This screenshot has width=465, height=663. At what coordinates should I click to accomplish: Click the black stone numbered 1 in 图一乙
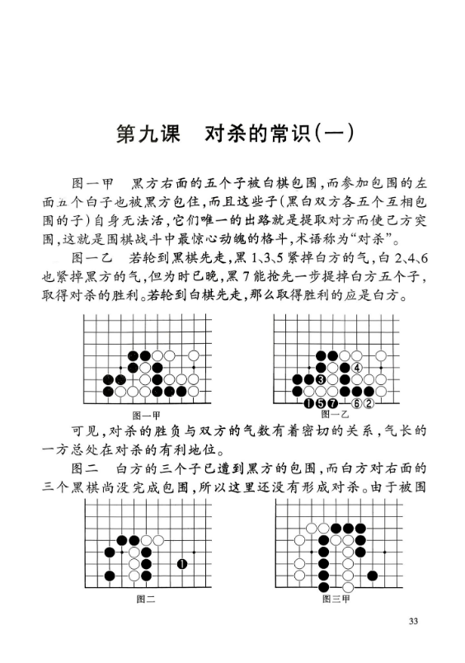tap(308, 403)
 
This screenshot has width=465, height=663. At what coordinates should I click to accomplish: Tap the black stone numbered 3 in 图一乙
tap(321, 379)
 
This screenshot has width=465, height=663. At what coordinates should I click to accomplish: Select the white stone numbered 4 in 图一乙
tap(356, 367)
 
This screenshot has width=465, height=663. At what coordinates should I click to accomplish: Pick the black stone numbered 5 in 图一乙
tap(321, 403)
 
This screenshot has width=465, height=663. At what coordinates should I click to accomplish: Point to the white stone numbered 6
tap(356, 403)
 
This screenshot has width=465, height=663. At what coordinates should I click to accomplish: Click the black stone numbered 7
tap(332, 403)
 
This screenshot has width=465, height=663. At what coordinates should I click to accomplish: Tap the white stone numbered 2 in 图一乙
tap(369, 403)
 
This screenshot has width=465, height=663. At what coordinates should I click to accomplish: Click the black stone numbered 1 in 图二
tap(181, 564)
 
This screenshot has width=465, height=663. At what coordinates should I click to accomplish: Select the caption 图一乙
tap(335, 414)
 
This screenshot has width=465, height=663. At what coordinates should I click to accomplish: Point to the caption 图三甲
tap(334, 600)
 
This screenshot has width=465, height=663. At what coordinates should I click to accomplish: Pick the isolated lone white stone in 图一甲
tap(194, 355)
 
